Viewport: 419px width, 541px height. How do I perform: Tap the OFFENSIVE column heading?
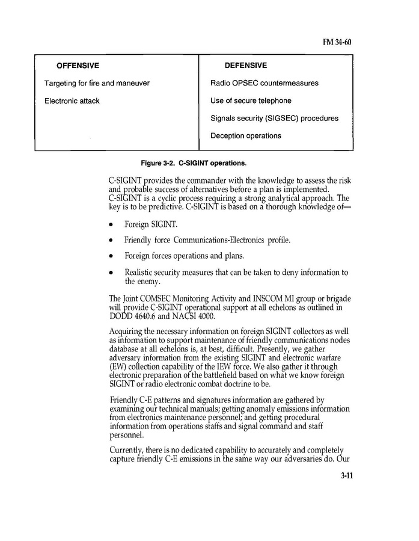78,66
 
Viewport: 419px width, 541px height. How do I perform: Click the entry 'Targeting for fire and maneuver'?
97,83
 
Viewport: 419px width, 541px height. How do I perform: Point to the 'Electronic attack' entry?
72,101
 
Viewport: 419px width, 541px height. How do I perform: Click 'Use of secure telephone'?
251,101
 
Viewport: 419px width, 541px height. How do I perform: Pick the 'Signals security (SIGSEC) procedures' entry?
274,119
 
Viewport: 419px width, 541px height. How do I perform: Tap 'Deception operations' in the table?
246,136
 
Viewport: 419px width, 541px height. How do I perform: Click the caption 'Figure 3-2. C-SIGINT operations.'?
194,163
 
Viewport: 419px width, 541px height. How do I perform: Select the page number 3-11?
346,475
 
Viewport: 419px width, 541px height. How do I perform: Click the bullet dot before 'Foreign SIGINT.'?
111,225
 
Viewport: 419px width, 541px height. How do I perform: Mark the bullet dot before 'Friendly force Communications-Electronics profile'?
111,241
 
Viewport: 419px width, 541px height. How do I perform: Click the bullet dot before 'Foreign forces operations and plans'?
111,256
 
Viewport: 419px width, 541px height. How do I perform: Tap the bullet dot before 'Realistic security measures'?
111,273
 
